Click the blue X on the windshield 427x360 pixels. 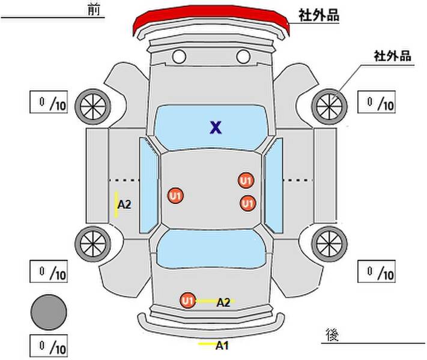(216, 127)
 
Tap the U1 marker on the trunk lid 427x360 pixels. (187, 301)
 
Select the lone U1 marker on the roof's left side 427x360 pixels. (175, 196)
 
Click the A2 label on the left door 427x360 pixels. (124, 205)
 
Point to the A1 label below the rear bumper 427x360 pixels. (222, 346)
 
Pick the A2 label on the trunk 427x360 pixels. (223, 302)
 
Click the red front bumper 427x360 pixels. (210, 17)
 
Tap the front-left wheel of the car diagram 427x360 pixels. (93, 107)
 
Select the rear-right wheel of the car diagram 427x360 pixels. (329, 244)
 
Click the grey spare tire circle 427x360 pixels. (49, 312)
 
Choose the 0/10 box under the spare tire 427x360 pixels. (49, 346)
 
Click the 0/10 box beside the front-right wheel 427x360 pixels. (377, 102)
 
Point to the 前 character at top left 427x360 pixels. (94, 10)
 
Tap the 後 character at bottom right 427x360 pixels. (332, 335)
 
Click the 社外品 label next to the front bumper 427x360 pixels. (319, 15)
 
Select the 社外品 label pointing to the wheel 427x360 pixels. (392, 56)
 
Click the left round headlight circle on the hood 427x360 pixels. (179, 56)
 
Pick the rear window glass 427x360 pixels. (211, 248)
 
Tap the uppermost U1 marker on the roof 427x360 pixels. (246, 181)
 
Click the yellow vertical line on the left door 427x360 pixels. (117, 205)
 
